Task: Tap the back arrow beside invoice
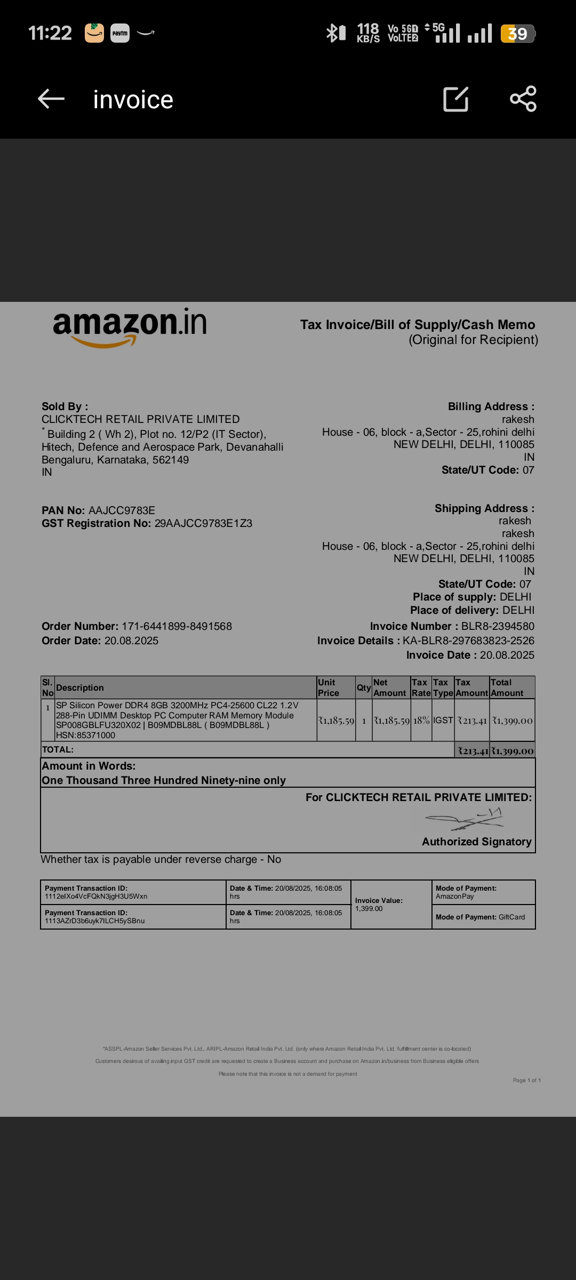click(x=51, y=99)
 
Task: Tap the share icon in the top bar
click(x=523, y=99)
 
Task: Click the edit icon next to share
click(x=456, y=99)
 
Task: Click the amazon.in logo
click(x=130, y=326)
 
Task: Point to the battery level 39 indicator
click(x=517, y=34)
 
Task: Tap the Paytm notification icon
click(x=120, y=33)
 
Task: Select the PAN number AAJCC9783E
click(x=122, y=510)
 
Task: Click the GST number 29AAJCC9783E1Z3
click(x=203, y=523)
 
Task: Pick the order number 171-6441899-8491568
click(x=177, y=626)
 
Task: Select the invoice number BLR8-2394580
click(x=498, y=626)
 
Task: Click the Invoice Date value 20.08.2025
click(x=507, y=655)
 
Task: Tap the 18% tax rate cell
click(x=421, y=721)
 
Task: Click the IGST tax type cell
click(x=443, y=721)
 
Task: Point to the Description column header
click(x=80, y=688)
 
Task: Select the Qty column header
click(x=364, y=688)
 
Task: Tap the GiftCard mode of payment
click(x=511, y=917)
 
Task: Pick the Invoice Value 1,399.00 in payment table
click(x=369, y=909)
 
